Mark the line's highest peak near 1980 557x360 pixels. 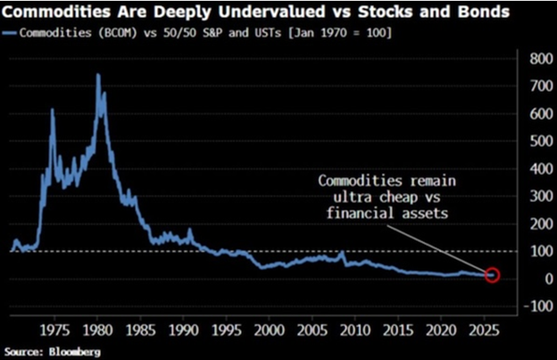pyautogui.click(x=97, y=75)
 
